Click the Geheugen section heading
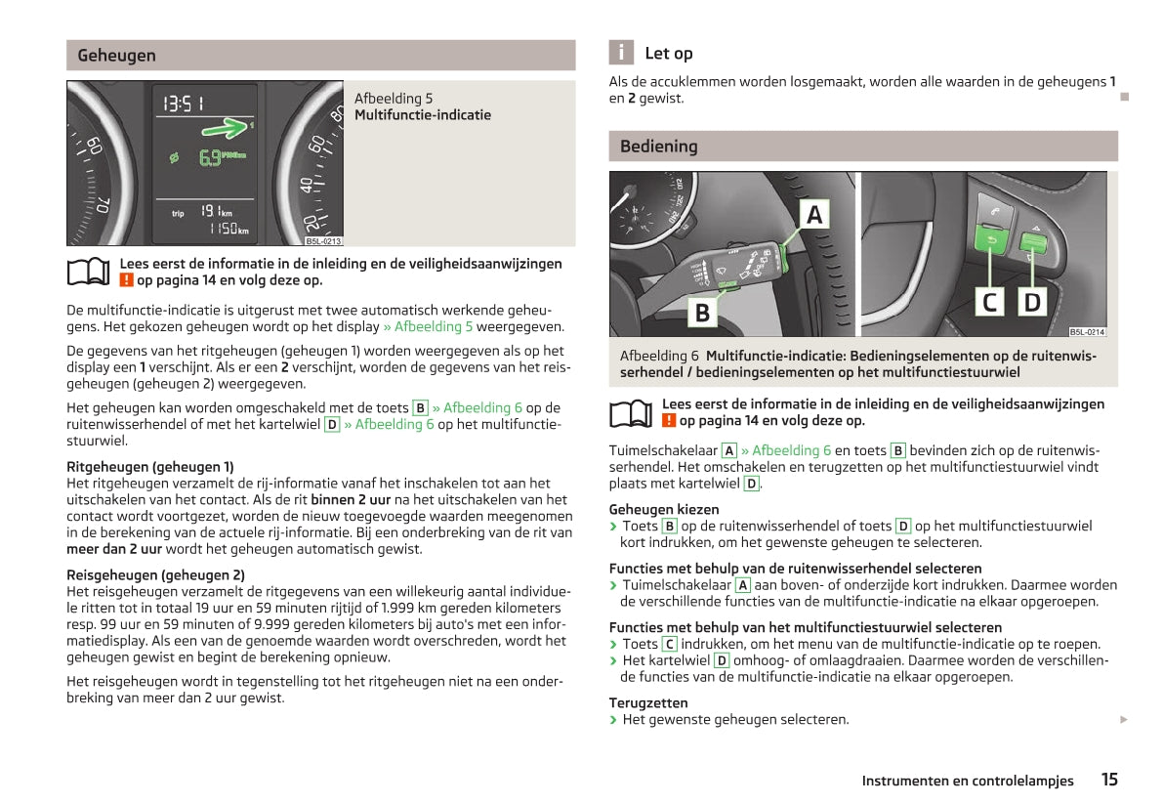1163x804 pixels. [116, 56]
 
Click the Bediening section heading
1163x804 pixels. [658, 147]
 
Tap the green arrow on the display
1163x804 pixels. [227, 127]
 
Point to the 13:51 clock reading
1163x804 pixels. [184, 104]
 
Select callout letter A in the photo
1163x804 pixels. [814, 214]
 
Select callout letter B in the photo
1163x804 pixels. [701, 312]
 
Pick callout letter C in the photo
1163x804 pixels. [990, 302]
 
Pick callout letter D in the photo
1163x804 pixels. [1031, 302]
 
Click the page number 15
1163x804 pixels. [1109, 780]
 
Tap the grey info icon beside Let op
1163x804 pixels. [620, 53]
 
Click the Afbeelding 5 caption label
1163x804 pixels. [394, 99]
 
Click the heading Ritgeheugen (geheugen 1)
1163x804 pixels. [150, 467]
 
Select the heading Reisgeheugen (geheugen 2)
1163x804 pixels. [155, 575]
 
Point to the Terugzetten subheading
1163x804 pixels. [648, 702]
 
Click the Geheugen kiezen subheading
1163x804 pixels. [664, 509]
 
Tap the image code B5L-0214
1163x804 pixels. [1087, 332]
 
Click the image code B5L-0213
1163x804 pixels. [323, 241]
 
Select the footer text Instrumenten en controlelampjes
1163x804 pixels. [967, 781]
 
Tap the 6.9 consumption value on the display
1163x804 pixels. [210, 157]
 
